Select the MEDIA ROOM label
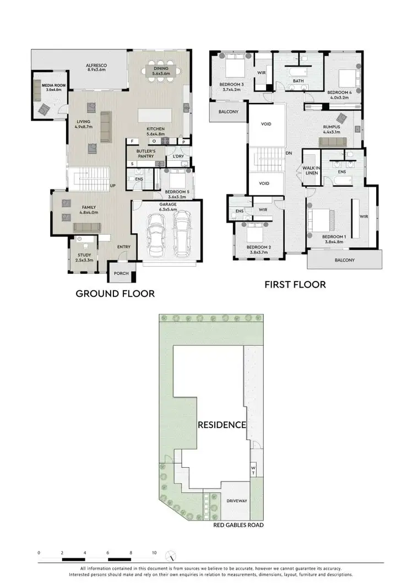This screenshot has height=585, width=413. tap(44, 85)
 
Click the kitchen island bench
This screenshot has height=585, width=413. tap(156, 115)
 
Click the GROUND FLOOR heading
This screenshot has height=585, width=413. tap(115, 294)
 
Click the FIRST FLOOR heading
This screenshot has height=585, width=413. tap(295, 284)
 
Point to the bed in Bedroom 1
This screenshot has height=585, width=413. tap(324, 219)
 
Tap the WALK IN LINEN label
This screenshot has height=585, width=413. tap(309, 170)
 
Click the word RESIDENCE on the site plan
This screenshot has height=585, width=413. tap(222, 425)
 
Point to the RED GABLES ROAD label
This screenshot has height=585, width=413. tap(238, 525)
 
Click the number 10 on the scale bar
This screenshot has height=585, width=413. tap(154, 552)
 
